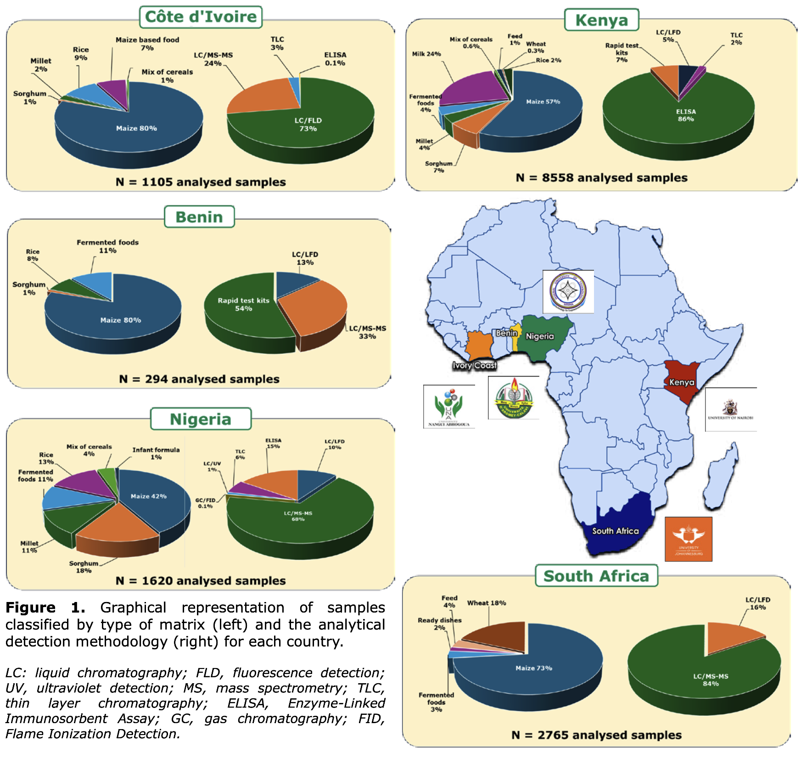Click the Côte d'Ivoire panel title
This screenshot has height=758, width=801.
click(201, 17)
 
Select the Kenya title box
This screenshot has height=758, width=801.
click(601, 20)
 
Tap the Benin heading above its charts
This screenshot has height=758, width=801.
click(199, 217)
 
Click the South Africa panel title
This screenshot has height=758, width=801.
click(596, 576)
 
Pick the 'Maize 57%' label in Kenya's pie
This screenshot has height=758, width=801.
click(543, 102)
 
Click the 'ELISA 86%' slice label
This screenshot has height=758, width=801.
click(686, 115)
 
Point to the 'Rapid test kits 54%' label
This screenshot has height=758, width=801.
click(243, 304)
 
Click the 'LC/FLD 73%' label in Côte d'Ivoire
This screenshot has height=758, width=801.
click(308, 124)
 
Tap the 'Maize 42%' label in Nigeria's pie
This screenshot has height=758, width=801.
click(148, 496)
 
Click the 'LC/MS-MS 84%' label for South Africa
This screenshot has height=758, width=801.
click(711, 680)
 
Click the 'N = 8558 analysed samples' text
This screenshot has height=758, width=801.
click(601, 178)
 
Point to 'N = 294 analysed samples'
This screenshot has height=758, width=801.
click(199, 379)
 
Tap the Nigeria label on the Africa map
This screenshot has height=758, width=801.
click(540, 336)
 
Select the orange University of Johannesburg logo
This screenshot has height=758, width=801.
click(689, 539)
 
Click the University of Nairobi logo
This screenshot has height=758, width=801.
click(730, 409)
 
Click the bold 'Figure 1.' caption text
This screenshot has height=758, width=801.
click(45, 608)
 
